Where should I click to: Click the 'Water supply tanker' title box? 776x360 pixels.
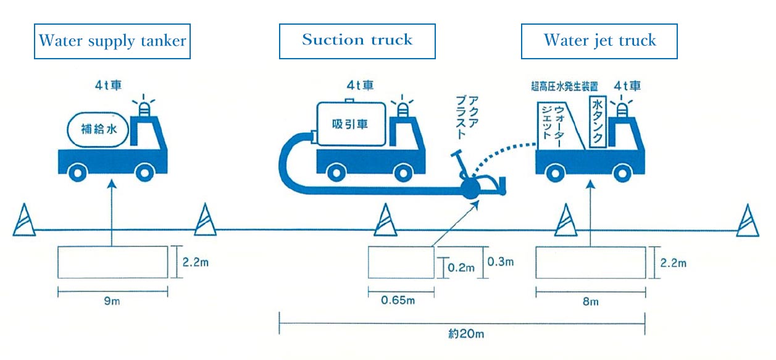[x=112, y=41]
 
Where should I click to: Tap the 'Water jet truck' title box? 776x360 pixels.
[x=599, y=41]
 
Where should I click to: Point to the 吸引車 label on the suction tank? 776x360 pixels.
[x=350, y=124]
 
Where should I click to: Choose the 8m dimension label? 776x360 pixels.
[x=590, y=302]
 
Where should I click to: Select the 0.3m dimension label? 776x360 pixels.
[x=501, y=262]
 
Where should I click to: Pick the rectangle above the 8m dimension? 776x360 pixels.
[x=590, y=262]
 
